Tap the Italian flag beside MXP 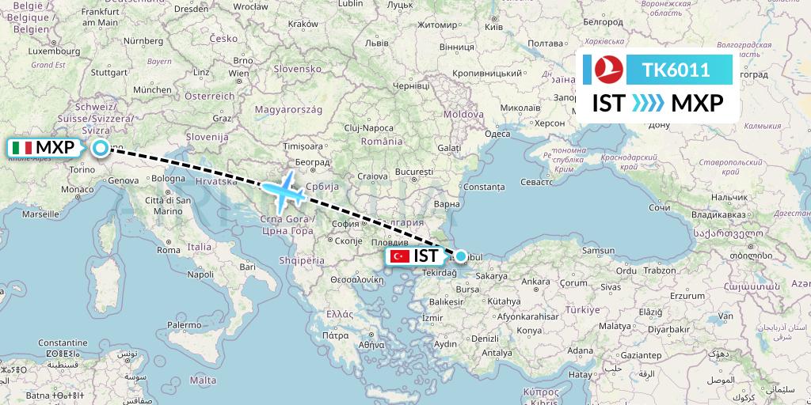click(x=22, y=148)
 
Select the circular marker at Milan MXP click(x=101, y=147)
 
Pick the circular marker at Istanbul click(x=461, y=255)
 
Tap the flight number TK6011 click(x=676, y=70)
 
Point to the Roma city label click(x=169, y=250)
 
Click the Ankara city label click(x=536, y=281)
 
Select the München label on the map click(x=152, y=90)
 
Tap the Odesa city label click(x=497, y=134)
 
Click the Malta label click(x=204, y=380)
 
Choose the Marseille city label click(x=41, y=214)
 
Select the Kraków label click(x=303, y=25)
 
